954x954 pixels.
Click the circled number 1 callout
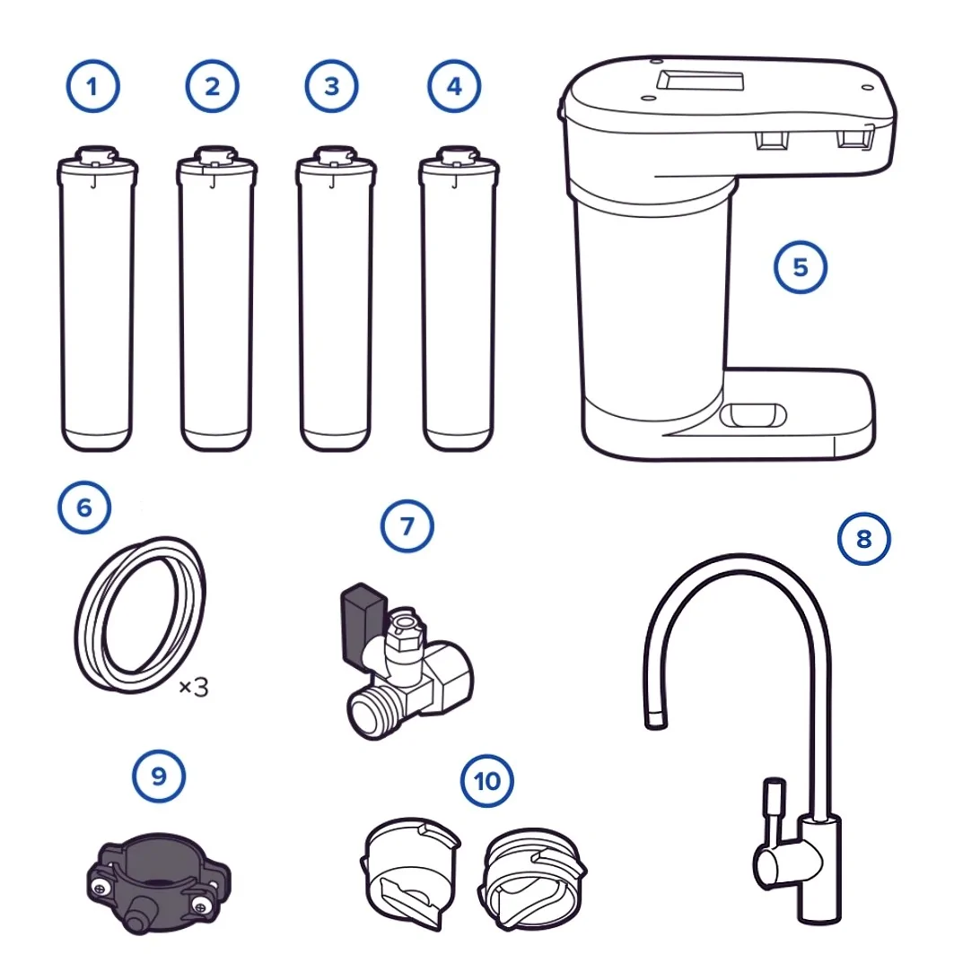point(92,86)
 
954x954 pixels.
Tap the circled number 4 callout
point(454,86)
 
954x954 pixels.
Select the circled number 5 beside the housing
point(800,267)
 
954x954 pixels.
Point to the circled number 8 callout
point(864,539)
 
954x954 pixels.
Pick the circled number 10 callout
point(487,781)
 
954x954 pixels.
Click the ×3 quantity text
point(194,688)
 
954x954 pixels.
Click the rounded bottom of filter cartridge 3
point(335,440)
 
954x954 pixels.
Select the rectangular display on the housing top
point(700,81)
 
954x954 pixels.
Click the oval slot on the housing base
point(752,415)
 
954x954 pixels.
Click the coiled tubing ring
point(140,615)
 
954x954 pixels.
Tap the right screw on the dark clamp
point(199,906)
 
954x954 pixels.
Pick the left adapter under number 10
point(410,872)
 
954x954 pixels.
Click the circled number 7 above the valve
point(407,525)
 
